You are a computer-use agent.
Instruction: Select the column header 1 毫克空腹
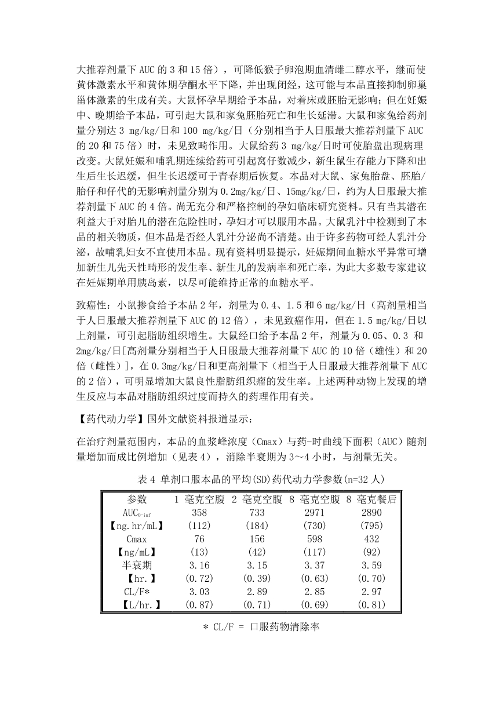200,499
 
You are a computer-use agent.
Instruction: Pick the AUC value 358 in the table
199,513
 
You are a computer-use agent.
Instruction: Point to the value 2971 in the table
314,513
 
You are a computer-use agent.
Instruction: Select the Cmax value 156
256,539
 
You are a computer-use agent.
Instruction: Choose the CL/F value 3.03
199,592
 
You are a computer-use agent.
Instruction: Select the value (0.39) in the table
256,578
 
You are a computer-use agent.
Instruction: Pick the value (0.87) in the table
199,605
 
